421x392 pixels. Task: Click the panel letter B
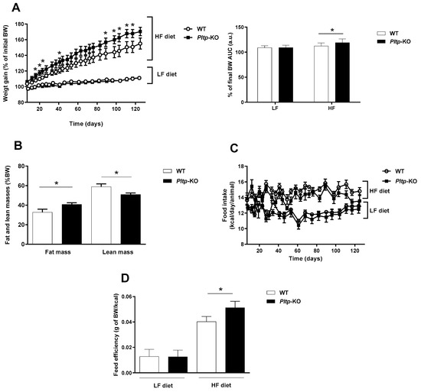(7, 143)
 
